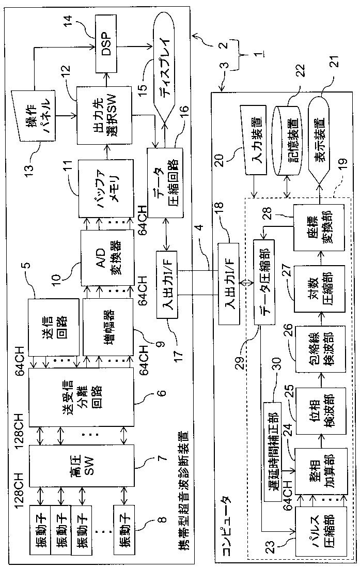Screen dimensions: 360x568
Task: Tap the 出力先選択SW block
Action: tap(104, 116)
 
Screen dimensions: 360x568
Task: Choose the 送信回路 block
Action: tap(48, 327)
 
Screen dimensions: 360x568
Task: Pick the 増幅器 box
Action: tap(108, 327)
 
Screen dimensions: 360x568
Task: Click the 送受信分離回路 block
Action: tap(81, 397)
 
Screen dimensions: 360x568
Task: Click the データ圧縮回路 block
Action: tap(165, 182)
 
